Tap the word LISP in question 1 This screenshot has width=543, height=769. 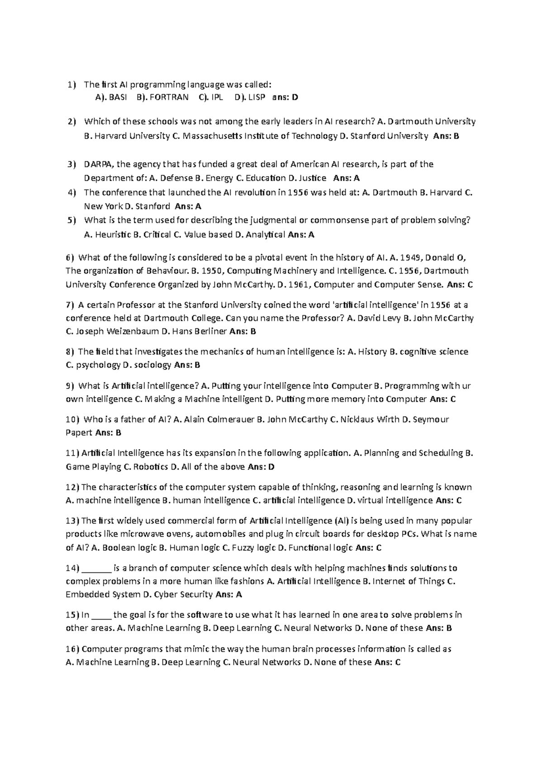257,97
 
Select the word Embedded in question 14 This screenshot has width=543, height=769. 84,594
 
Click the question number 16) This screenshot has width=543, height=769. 72,649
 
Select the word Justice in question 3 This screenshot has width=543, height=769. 312,178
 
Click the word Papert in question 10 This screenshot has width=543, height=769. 79,433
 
